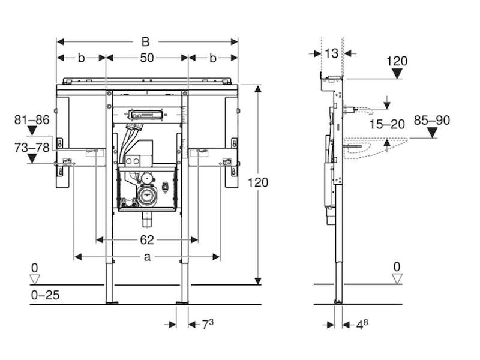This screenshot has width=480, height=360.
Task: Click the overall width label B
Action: pos(146,41)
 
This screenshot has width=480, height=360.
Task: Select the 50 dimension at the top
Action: pos(147,58)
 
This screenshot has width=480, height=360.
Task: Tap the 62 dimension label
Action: pos(147,240)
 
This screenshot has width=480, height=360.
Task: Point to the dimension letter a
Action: pos(147,257)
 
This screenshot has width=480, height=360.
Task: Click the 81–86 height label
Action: pos(32,119)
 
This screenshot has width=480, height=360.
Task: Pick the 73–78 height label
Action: pos(32,148)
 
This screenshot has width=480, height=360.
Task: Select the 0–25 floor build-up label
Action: pos(46,295)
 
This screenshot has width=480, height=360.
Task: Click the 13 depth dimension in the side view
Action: pos(331,53)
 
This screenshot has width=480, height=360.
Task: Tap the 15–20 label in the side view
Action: pos(387,124)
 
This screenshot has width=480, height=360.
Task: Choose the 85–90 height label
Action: pos(432,121)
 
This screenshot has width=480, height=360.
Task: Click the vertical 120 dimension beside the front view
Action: pos(258,182)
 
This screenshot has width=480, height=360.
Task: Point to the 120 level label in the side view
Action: pos(397,61)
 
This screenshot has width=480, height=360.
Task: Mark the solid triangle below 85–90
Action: pos(432,133)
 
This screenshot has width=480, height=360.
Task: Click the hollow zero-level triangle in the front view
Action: pos(35,279)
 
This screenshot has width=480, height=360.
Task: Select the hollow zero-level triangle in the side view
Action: pos(397,278)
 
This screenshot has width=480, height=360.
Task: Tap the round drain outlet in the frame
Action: pos(146,195)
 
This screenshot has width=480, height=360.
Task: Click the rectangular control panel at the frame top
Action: pos(146,115)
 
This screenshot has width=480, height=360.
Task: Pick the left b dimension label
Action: pos(81,58)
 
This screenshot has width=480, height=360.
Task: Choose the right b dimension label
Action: pos(213,58)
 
